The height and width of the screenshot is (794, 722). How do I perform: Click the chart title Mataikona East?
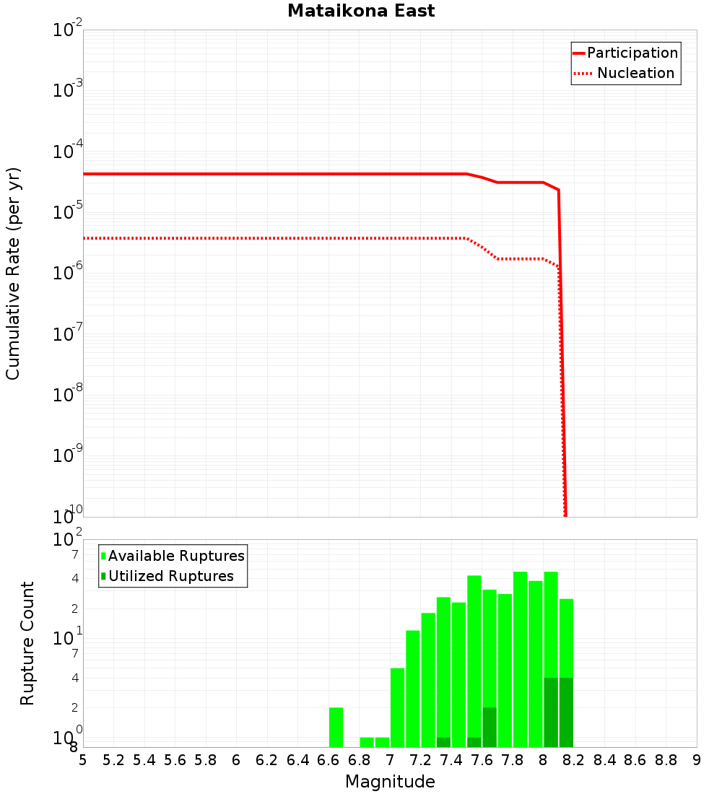tap(361, 11)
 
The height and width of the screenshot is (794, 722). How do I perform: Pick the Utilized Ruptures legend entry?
tap(170, 576)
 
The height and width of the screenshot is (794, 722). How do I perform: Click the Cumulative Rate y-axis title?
tap(13, 273)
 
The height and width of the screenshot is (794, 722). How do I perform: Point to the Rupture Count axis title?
tap(27, 643)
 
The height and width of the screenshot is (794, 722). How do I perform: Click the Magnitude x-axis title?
tap(390, 782)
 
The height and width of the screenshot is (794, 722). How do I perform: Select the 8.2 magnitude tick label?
tap(574, 760)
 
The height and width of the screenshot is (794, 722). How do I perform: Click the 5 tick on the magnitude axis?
tap(83, 760)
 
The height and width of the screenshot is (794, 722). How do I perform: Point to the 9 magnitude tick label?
tap(697, 760)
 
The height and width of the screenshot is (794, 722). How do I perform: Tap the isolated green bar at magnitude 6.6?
tap(336, 727)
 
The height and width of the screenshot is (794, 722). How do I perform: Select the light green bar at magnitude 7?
tap(397, 707)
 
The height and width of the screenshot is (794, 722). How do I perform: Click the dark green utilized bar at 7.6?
tap(490, 727)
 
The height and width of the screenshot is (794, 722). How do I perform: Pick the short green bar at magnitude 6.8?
tap(367, 742)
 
